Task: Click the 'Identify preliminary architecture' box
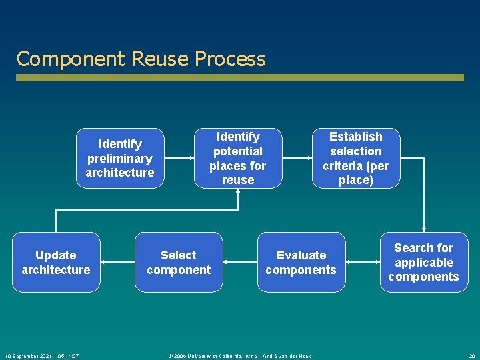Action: click(x=120, y=158)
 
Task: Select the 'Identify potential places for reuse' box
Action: click(x=238, y=158)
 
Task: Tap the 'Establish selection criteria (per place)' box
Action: click(x=356, y=158)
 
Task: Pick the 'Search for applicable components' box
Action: click(x=423, y=262)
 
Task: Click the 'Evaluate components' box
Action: click(x=301, y=262)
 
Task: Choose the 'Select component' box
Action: click(x=179, y=262)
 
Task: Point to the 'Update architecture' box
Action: click(x=56, y=262)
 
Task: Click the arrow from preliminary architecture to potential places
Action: click(x=179, y=159)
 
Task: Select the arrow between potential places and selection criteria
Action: click(x=297, y=159)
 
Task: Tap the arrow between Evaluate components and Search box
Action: click(x=363, y=262)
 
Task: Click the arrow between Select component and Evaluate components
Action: click(x=240, y=262)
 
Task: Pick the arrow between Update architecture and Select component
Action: click(x=117, y=262)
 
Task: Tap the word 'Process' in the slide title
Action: click(x=230, y=59)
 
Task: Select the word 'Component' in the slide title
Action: click(x=70, y=59)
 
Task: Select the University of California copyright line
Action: click(x=240, y=356)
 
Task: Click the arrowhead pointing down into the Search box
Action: click(x=423, y=228)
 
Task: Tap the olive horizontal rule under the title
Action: click(x=240, y=78)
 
